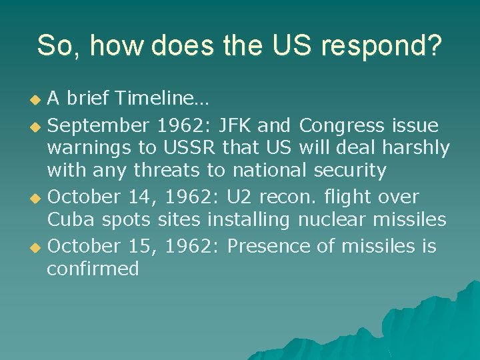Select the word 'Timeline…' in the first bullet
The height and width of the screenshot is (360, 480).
tap(162, 100)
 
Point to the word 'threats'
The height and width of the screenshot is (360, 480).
tap(167, 171)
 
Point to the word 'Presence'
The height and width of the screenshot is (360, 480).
tap(269, 246)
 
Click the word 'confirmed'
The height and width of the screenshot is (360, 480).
tap(93, 269)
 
